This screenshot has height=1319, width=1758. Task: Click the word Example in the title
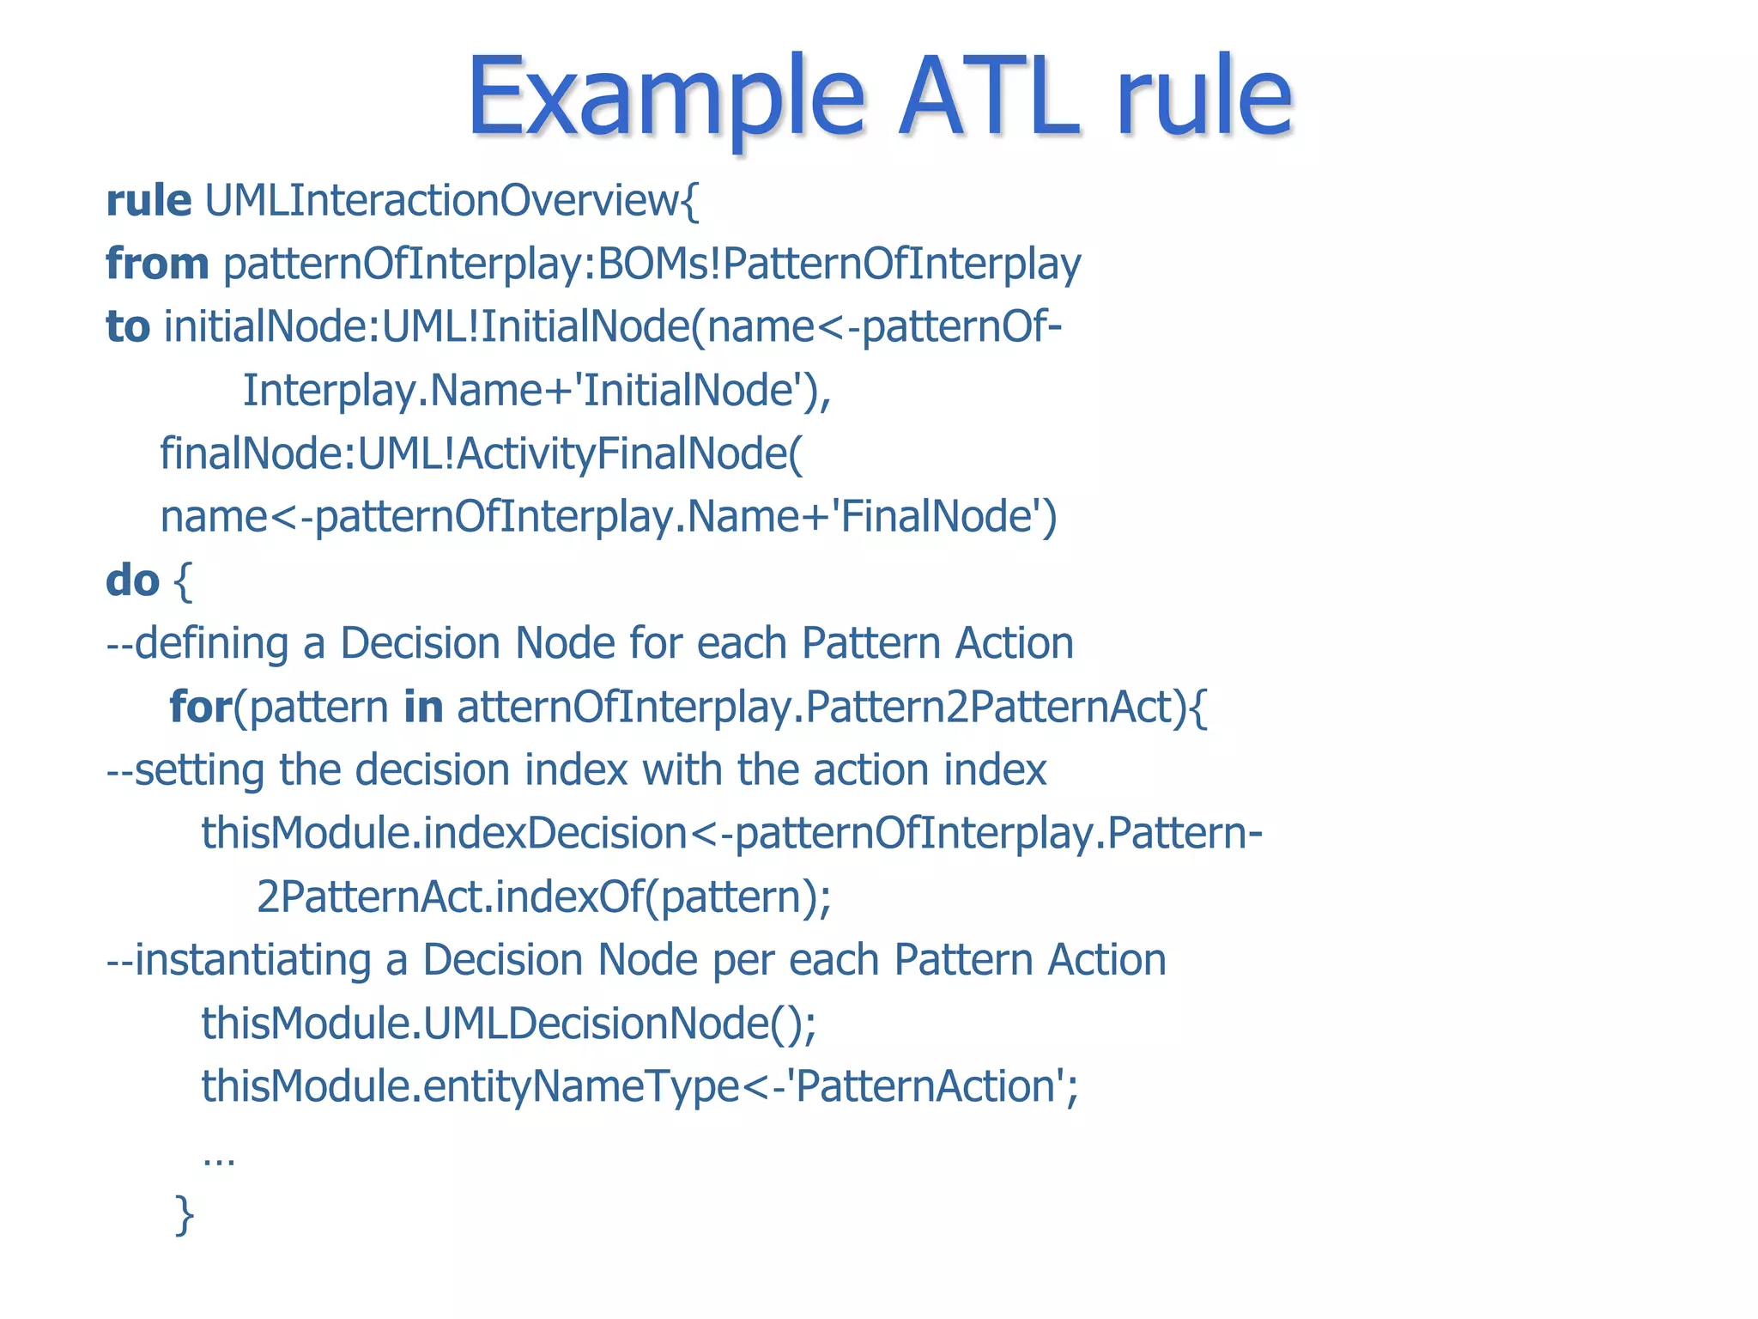click(x=665, y=96)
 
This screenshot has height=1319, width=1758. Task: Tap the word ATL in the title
click(x=987, y=96)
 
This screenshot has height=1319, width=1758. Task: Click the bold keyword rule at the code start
click(x=149, y=201)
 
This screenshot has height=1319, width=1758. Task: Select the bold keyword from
click(x=157, y=264)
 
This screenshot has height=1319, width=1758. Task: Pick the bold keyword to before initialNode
click(x=127, y=327)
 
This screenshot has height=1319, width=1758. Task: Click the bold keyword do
click(x=132, y=580)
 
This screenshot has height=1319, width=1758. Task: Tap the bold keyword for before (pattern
click(x=201, y=708)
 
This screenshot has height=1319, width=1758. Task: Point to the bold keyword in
click(x=423, y=708)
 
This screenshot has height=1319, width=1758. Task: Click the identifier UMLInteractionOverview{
click(x=452, y=201)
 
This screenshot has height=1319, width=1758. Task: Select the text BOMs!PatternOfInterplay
click(x=840, y=264)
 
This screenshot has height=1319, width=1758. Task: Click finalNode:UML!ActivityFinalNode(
click(x=482, y=454)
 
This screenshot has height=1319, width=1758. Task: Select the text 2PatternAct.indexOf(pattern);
click(x=543, y=897)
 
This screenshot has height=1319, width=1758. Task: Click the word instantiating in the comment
click(x=253, y=960)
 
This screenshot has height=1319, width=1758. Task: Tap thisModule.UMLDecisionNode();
click(x=508, y=1024)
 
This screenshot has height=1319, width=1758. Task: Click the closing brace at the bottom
click(x=184, y=1214)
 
